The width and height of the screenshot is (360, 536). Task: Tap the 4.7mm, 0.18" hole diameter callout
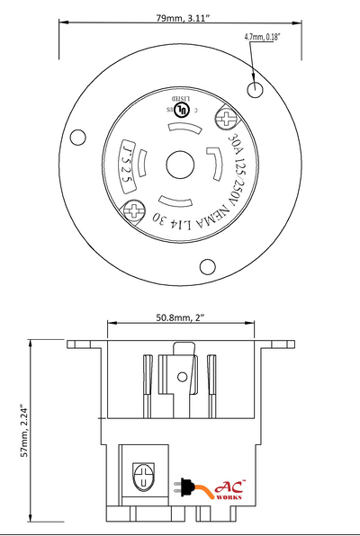264,37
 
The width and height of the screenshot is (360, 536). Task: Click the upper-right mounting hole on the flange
256,89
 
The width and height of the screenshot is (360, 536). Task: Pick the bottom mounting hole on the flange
206,265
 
